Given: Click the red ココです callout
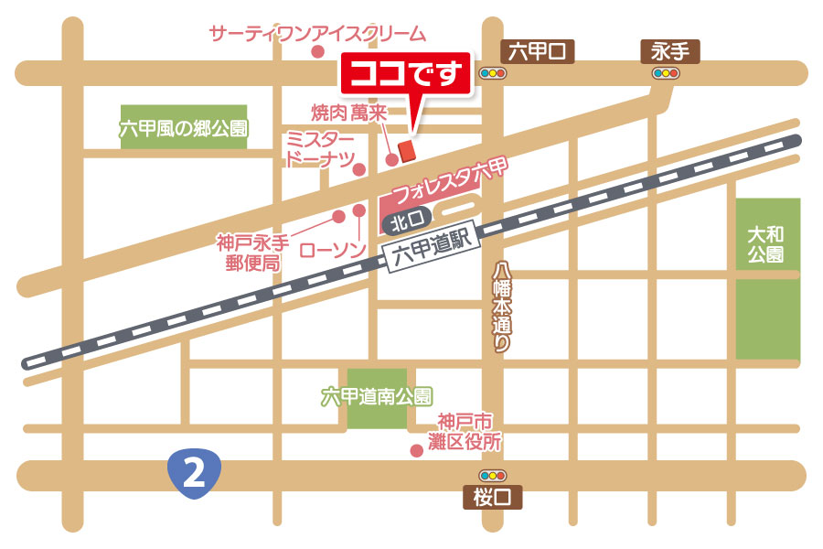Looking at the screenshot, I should click(x=406, y=74).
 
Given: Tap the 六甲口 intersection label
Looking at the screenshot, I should click(x=539, y=51).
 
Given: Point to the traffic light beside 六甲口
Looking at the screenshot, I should click(x=492, y=73).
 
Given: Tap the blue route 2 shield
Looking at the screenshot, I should click(x=195, y=471).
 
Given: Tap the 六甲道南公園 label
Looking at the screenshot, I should click(x=377, y=397).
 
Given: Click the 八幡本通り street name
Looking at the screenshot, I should click(x=502, y=307).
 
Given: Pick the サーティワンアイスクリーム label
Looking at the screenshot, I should click(x=317, y=35).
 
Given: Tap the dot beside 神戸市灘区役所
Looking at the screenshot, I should click(x=417, y=449).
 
